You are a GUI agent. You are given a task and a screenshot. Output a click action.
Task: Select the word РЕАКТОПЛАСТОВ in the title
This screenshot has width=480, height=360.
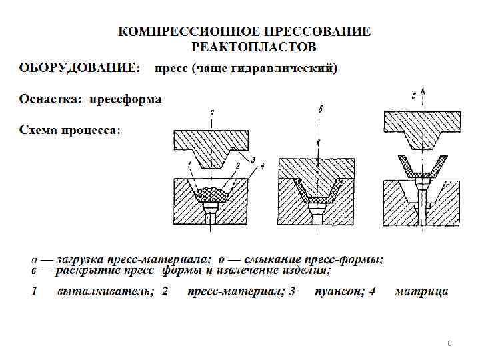pyautogui.click(x=253, y=47)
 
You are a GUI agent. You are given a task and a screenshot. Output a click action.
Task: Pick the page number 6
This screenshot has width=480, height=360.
pyautogui.click(x=449, y=343)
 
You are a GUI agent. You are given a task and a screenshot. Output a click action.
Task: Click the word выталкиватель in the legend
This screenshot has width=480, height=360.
pyautogui.click(x=105, y=291)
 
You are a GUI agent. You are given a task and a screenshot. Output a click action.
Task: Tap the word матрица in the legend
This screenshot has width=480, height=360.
pyautogui.click(x=421, y=291)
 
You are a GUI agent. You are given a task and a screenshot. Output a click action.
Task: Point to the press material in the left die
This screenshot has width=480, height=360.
pyautogui.click(x=211, y=195)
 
